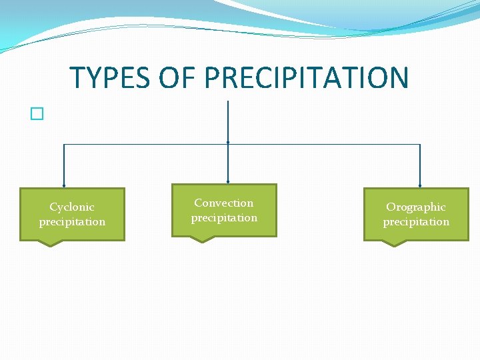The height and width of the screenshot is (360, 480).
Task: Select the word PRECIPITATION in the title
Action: click(x=306, y=77)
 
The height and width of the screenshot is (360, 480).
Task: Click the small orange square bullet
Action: click(x=36, y=114)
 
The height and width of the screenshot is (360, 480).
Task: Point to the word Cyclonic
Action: click(x=72, y=207)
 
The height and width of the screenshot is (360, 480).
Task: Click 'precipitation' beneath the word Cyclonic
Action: click(x=72, y=222)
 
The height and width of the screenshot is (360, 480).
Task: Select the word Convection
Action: click(x=224, y=203)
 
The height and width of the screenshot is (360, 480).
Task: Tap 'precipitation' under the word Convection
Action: click(x=224, y=218)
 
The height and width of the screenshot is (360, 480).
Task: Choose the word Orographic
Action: click(x=416, y=207)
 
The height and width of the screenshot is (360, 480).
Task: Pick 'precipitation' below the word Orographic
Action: click(x=416, y=222)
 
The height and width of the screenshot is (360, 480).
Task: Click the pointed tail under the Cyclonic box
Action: click(x=51, y=243)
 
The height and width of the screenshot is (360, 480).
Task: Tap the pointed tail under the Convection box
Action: click(x=203, y=239)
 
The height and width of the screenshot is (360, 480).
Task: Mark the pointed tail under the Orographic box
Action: click(x=394, y=243)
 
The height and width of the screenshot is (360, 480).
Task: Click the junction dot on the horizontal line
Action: click(x=228, y=143)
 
